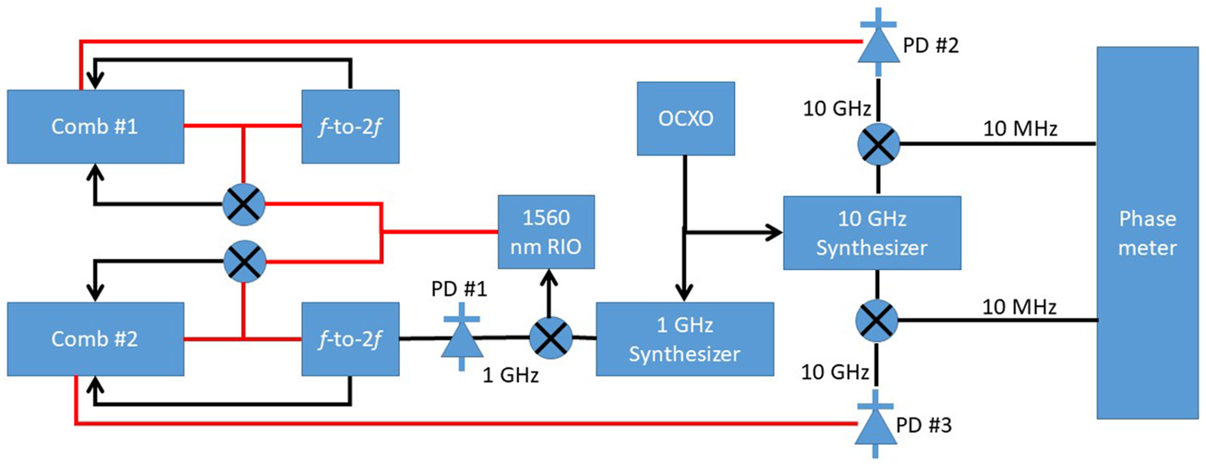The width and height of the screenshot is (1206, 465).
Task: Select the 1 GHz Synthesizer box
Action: (x=682, y=339)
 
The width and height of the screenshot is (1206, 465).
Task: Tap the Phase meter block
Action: (x=1148, y=233)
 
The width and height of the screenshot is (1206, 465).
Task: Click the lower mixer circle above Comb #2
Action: (x=243, y=260)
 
